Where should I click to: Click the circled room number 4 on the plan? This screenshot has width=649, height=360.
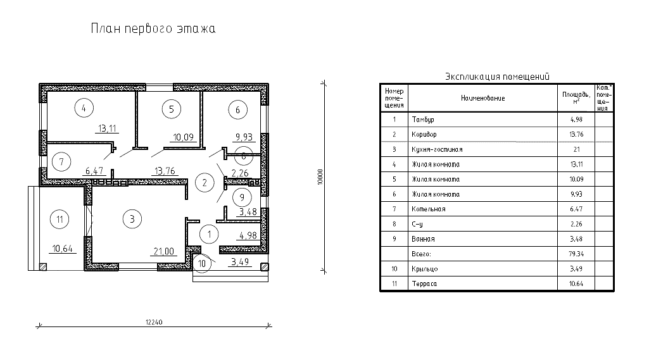tap(84, 108)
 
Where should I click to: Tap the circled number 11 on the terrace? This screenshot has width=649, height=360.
tap(60, 220)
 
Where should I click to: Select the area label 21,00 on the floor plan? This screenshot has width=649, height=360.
tap(164, 251)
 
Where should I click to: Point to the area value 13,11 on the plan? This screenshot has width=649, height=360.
tap(107, 128)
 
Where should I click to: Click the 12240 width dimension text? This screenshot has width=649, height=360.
tap(154, 322)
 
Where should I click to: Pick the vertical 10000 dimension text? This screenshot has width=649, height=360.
tap(320, 177)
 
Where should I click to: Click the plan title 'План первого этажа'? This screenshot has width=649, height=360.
tap(153, 28)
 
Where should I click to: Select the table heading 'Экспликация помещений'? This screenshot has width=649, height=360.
tap(497, 77)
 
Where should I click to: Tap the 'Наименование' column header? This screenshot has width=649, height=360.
tap(482, 98)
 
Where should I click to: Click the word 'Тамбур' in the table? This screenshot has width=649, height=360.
tap(422, 120)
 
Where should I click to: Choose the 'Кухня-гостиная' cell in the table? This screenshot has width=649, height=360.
tap(437, 149)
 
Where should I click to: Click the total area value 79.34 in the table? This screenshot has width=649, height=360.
tap(576, 254)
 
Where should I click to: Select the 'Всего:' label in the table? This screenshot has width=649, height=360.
tap(421, 254)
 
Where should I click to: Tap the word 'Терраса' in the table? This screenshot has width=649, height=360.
tap(424, 283)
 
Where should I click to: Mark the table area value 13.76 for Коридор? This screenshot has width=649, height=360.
tap(576, 135)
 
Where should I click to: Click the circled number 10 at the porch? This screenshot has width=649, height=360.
tap(202, 264)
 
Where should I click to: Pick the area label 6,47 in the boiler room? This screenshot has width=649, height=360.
tap(94, 170)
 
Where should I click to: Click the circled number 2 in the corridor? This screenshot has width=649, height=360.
tap(204, 182)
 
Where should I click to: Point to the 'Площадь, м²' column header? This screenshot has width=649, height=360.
tap(576, 97)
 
